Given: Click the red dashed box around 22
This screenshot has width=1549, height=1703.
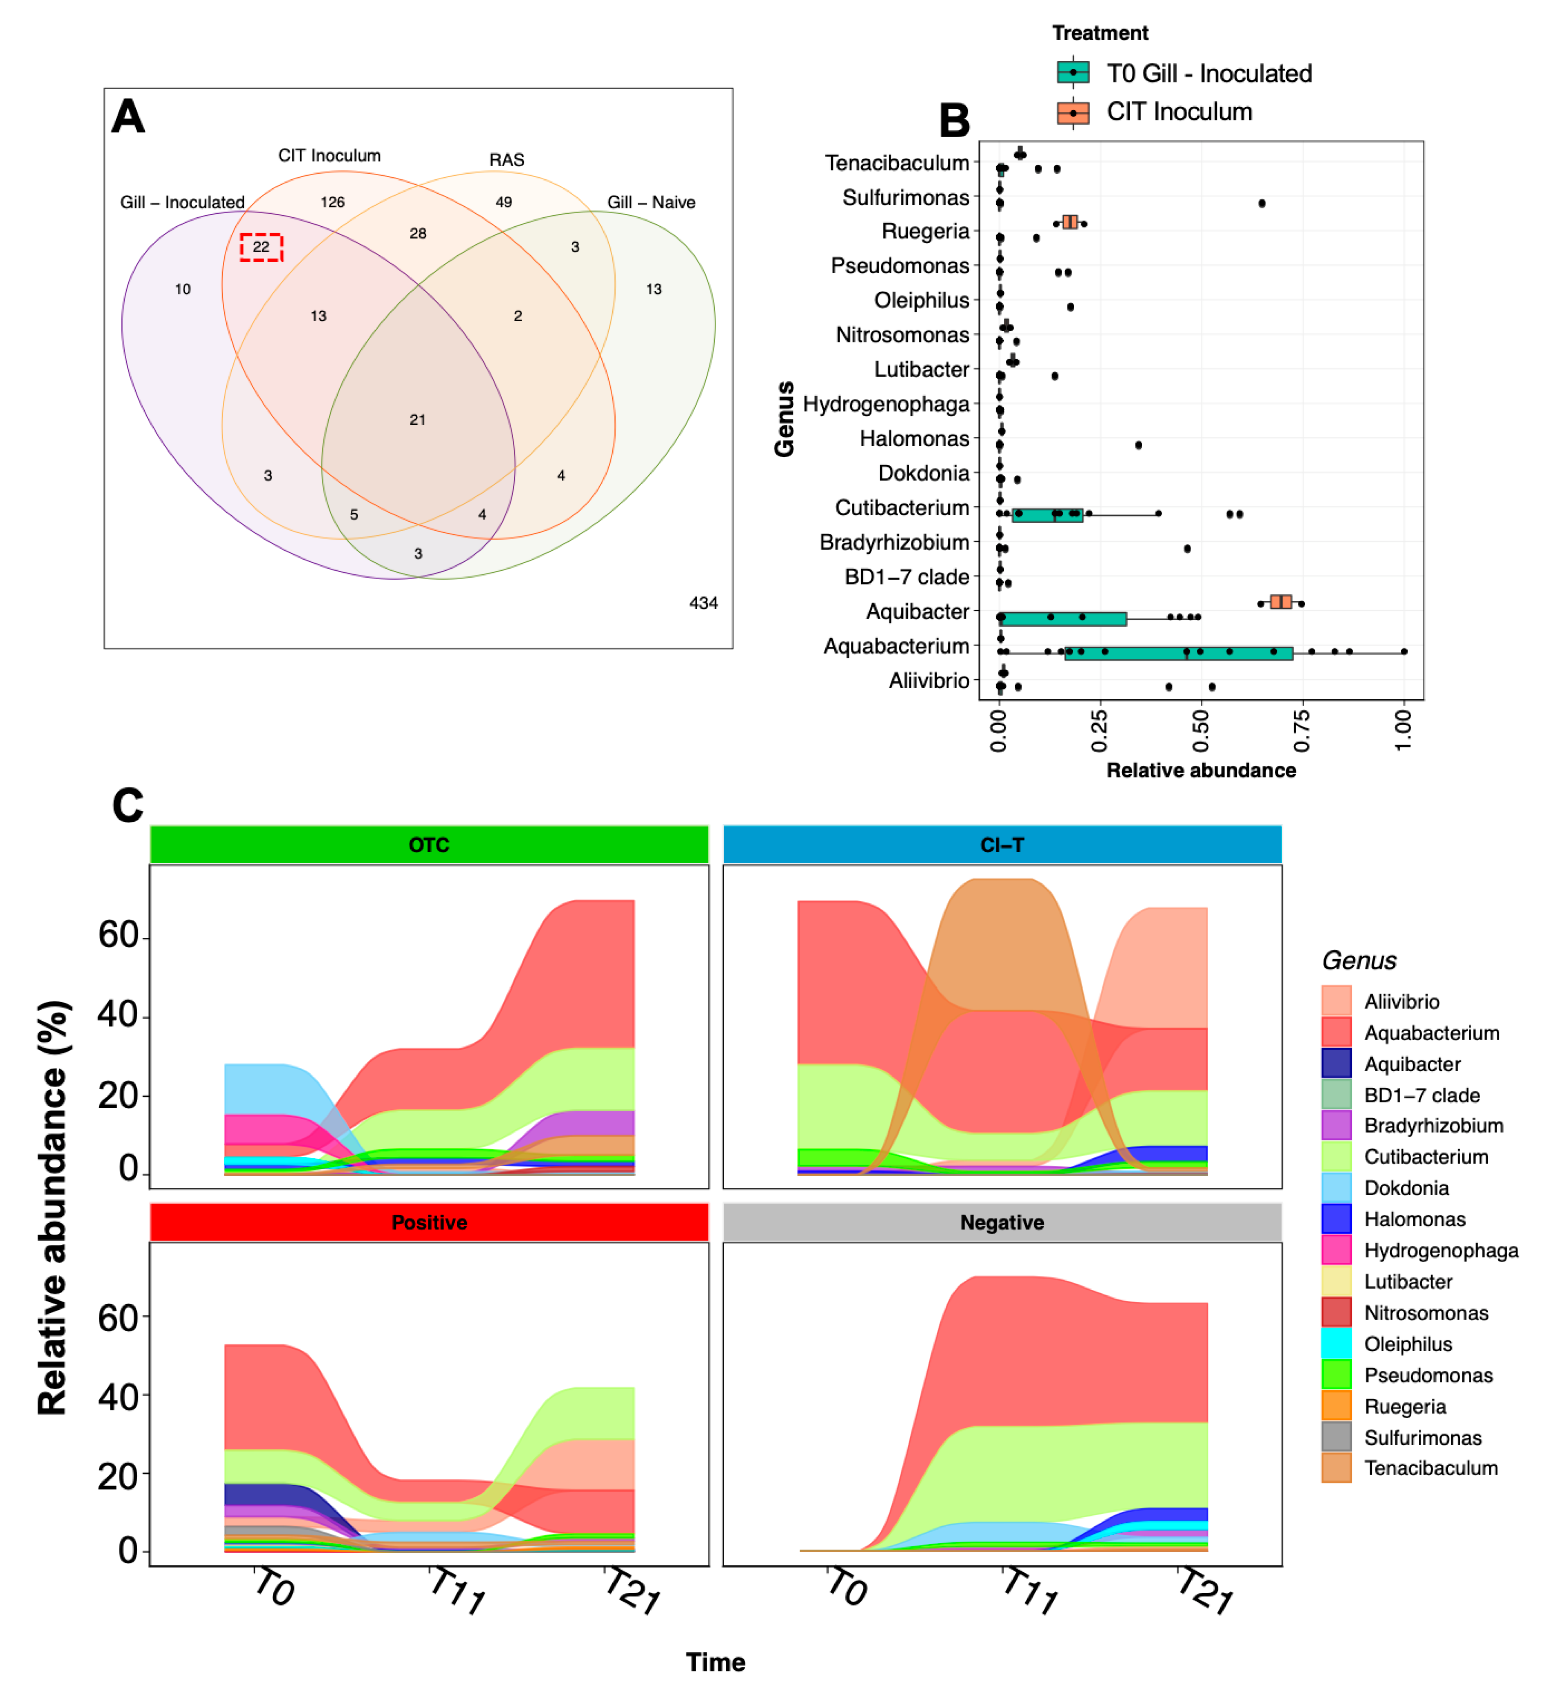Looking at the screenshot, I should [x=261, y=248].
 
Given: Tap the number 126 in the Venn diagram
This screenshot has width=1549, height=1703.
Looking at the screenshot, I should [x=333, y=202].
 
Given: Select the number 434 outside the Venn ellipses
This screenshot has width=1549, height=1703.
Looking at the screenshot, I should [x=704, y=603].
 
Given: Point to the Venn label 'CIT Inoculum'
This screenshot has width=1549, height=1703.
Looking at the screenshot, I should [x=329, y=155].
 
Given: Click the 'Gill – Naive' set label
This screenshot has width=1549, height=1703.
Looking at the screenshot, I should [x=651, y=203].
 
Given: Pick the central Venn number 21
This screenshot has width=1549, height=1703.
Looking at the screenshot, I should [x=417, y=420].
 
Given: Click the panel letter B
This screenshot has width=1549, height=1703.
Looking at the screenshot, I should [x=954, y=121].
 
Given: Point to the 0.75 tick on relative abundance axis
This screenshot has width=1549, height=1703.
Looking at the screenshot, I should [x=1302, y=731].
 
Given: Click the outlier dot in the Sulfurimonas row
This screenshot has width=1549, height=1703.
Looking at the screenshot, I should [x=1262, y=204].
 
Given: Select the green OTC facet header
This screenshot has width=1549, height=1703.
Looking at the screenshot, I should [x=429, y=845].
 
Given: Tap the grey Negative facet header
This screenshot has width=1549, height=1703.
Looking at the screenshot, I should [x=1002, y=1222].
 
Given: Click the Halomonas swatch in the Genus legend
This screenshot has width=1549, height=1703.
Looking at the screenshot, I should [x=1336, y=1219].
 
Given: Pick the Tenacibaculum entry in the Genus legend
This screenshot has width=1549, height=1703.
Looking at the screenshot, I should [x=1431, y=1468].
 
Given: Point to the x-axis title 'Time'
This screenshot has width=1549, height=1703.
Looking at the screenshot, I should [x=716, y=1662].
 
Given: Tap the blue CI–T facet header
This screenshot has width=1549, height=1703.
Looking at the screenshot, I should [x=1002, y=845].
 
